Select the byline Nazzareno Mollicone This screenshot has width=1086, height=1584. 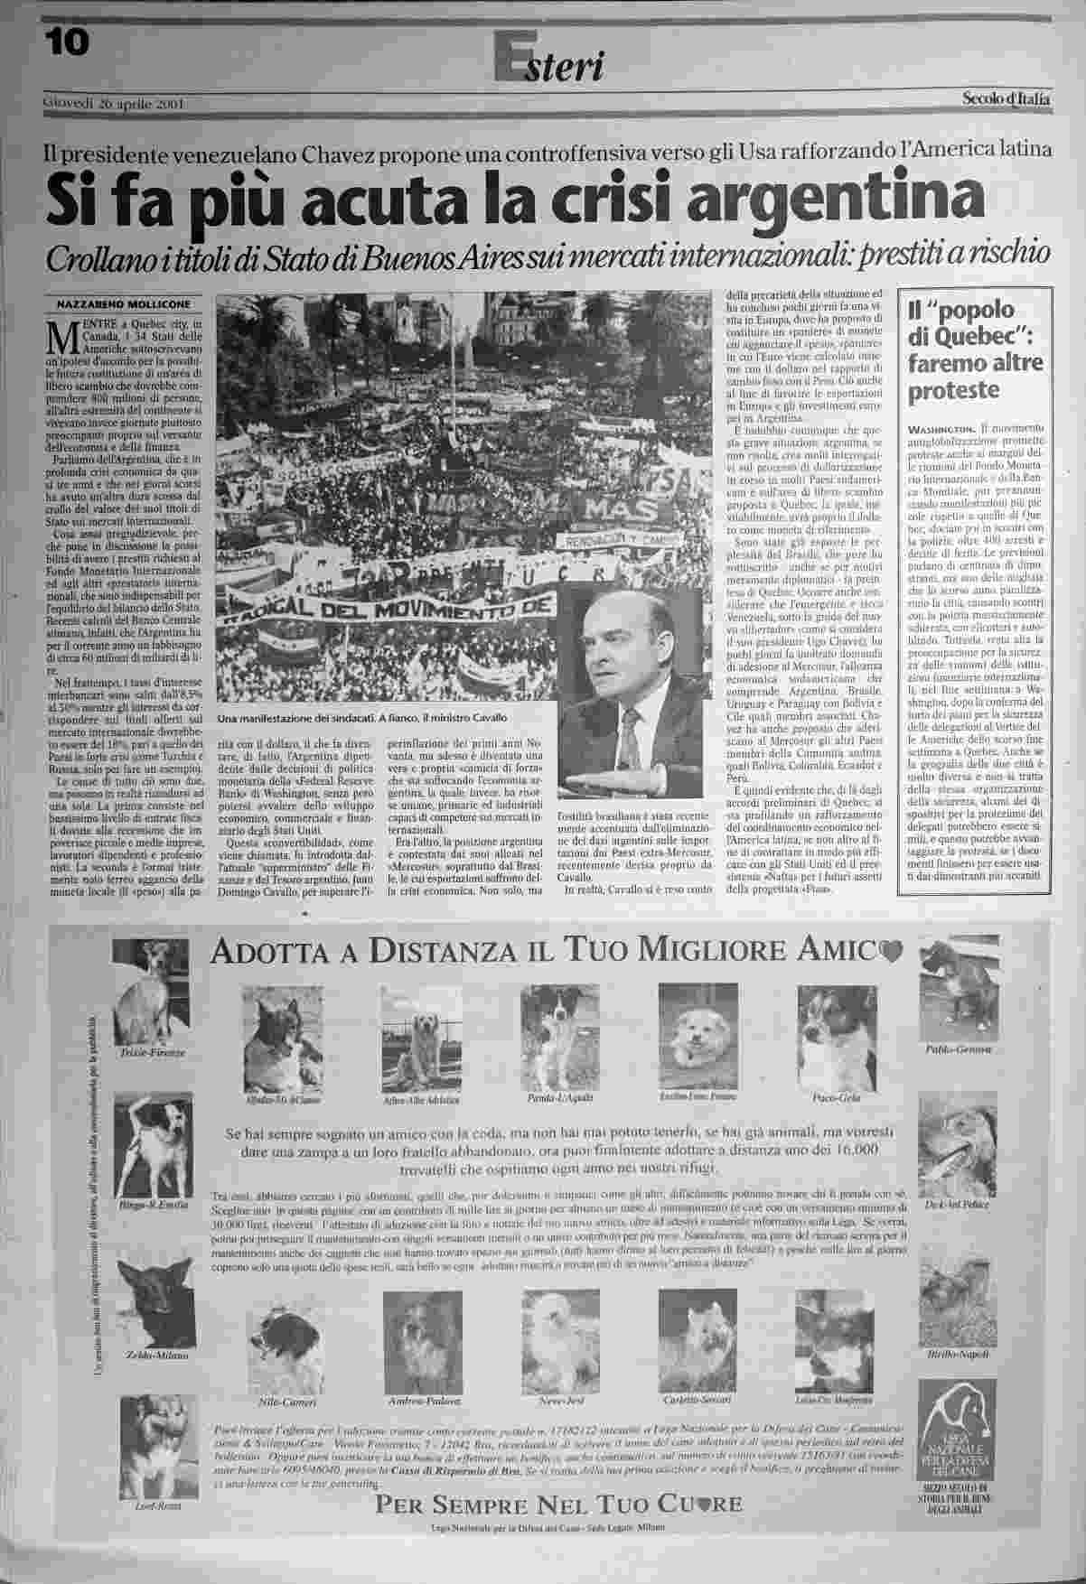pyautogui.click(x=113, y=303)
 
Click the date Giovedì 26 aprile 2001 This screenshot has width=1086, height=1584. pyautogui.click(x=114, y=102)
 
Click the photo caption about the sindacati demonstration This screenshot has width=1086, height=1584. pyautogui.click(x=360, y=717)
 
